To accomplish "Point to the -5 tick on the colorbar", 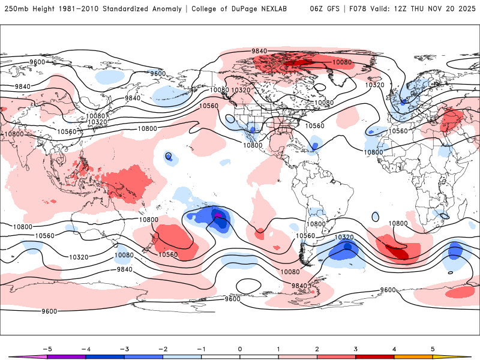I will [x=47, y=349].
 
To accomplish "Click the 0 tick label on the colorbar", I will [x=240, y=349].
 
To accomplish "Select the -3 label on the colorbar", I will [x=124, y=349].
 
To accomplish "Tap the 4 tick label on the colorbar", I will [x=394, y=349].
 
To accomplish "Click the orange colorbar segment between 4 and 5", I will [x=413, y=356].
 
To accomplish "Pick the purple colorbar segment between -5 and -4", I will [x=67, y=356].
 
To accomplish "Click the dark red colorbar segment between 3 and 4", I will [x=375, y=356].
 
